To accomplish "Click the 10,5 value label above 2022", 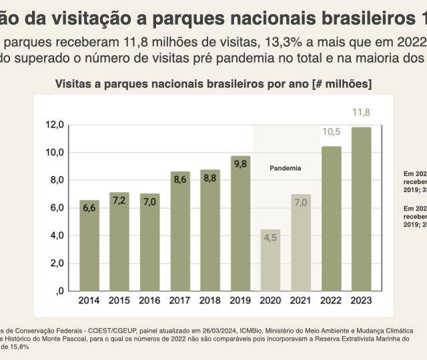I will (x=332, y=132).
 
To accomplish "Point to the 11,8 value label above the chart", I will (x=361, y=111).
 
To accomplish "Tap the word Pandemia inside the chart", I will (x=285, y=168).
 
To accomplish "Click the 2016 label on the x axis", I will (x=149, y=301).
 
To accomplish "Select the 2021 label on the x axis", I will (x=301, y=301).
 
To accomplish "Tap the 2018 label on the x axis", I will (x=210, y=301).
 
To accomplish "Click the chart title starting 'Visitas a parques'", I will (x=213, y=84).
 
